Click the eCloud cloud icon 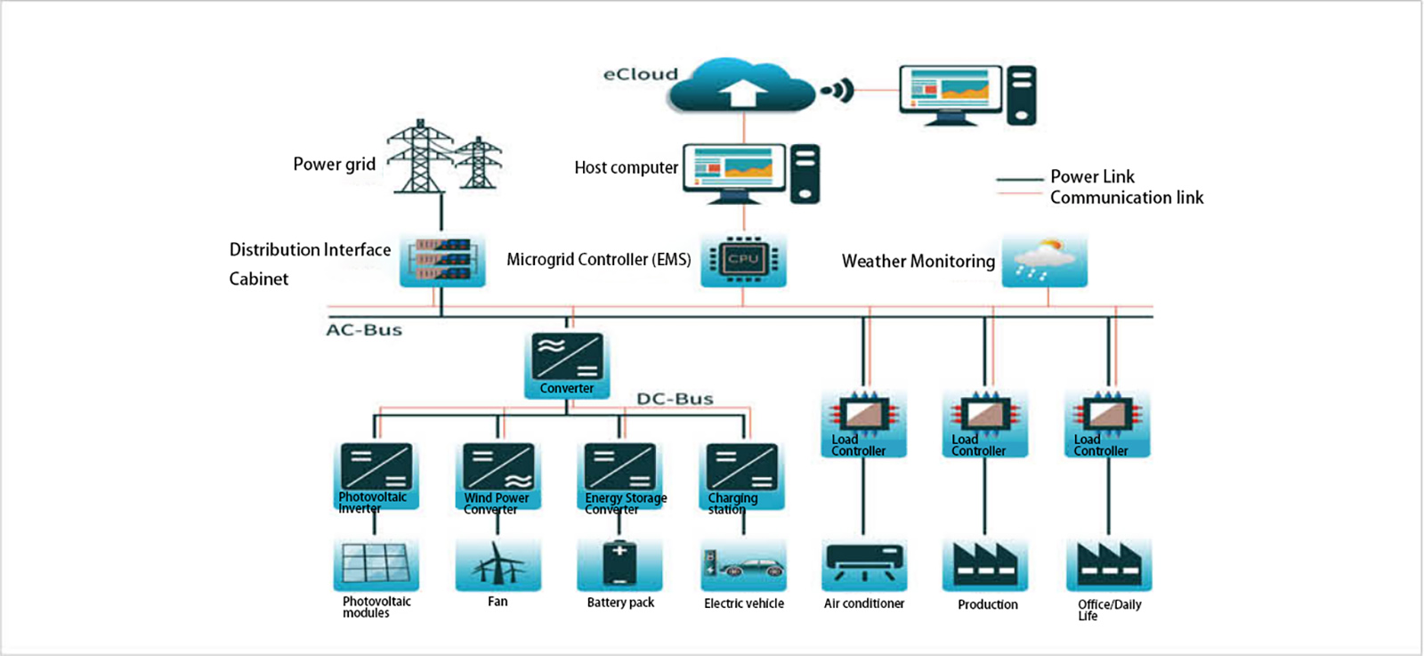[741, 86]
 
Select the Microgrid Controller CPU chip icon [743, 260]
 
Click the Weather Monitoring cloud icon [1044, 261]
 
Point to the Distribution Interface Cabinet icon [442, 260]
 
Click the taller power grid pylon [420, 157]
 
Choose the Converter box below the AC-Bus [567, 364]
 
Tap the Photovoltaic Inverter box [376, 476]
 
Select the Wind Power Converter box [498, 476]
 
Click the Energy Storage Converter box [620, 476]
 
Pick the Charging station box [742, 476]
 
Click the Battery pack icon [619, 564]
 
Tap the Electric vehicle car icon [743, 566]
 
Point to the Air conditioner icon [864, 564]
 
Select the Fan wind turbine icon [498, 564]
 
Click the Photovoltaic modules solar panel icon [376, 564]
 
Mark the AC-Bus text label [364, 330]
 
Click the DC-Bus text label [675, 399]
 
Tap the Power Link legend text [1092, 176]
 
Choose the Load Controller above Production [984, 424]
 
